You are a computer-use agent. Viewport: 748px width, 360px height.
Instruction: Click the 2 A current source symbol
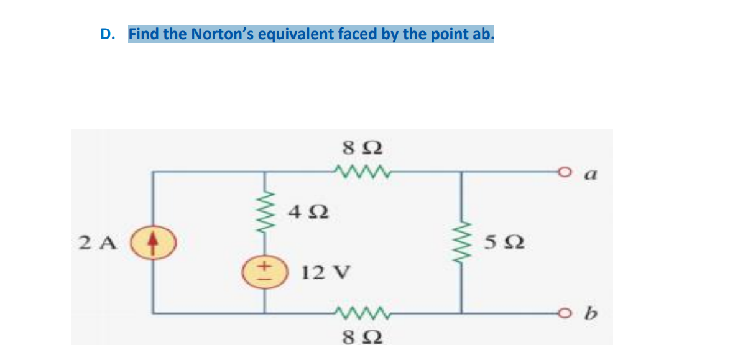tap(154, 242)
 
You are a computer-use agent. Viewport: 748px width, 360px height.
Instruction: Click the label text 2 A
tap(100, 242)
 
